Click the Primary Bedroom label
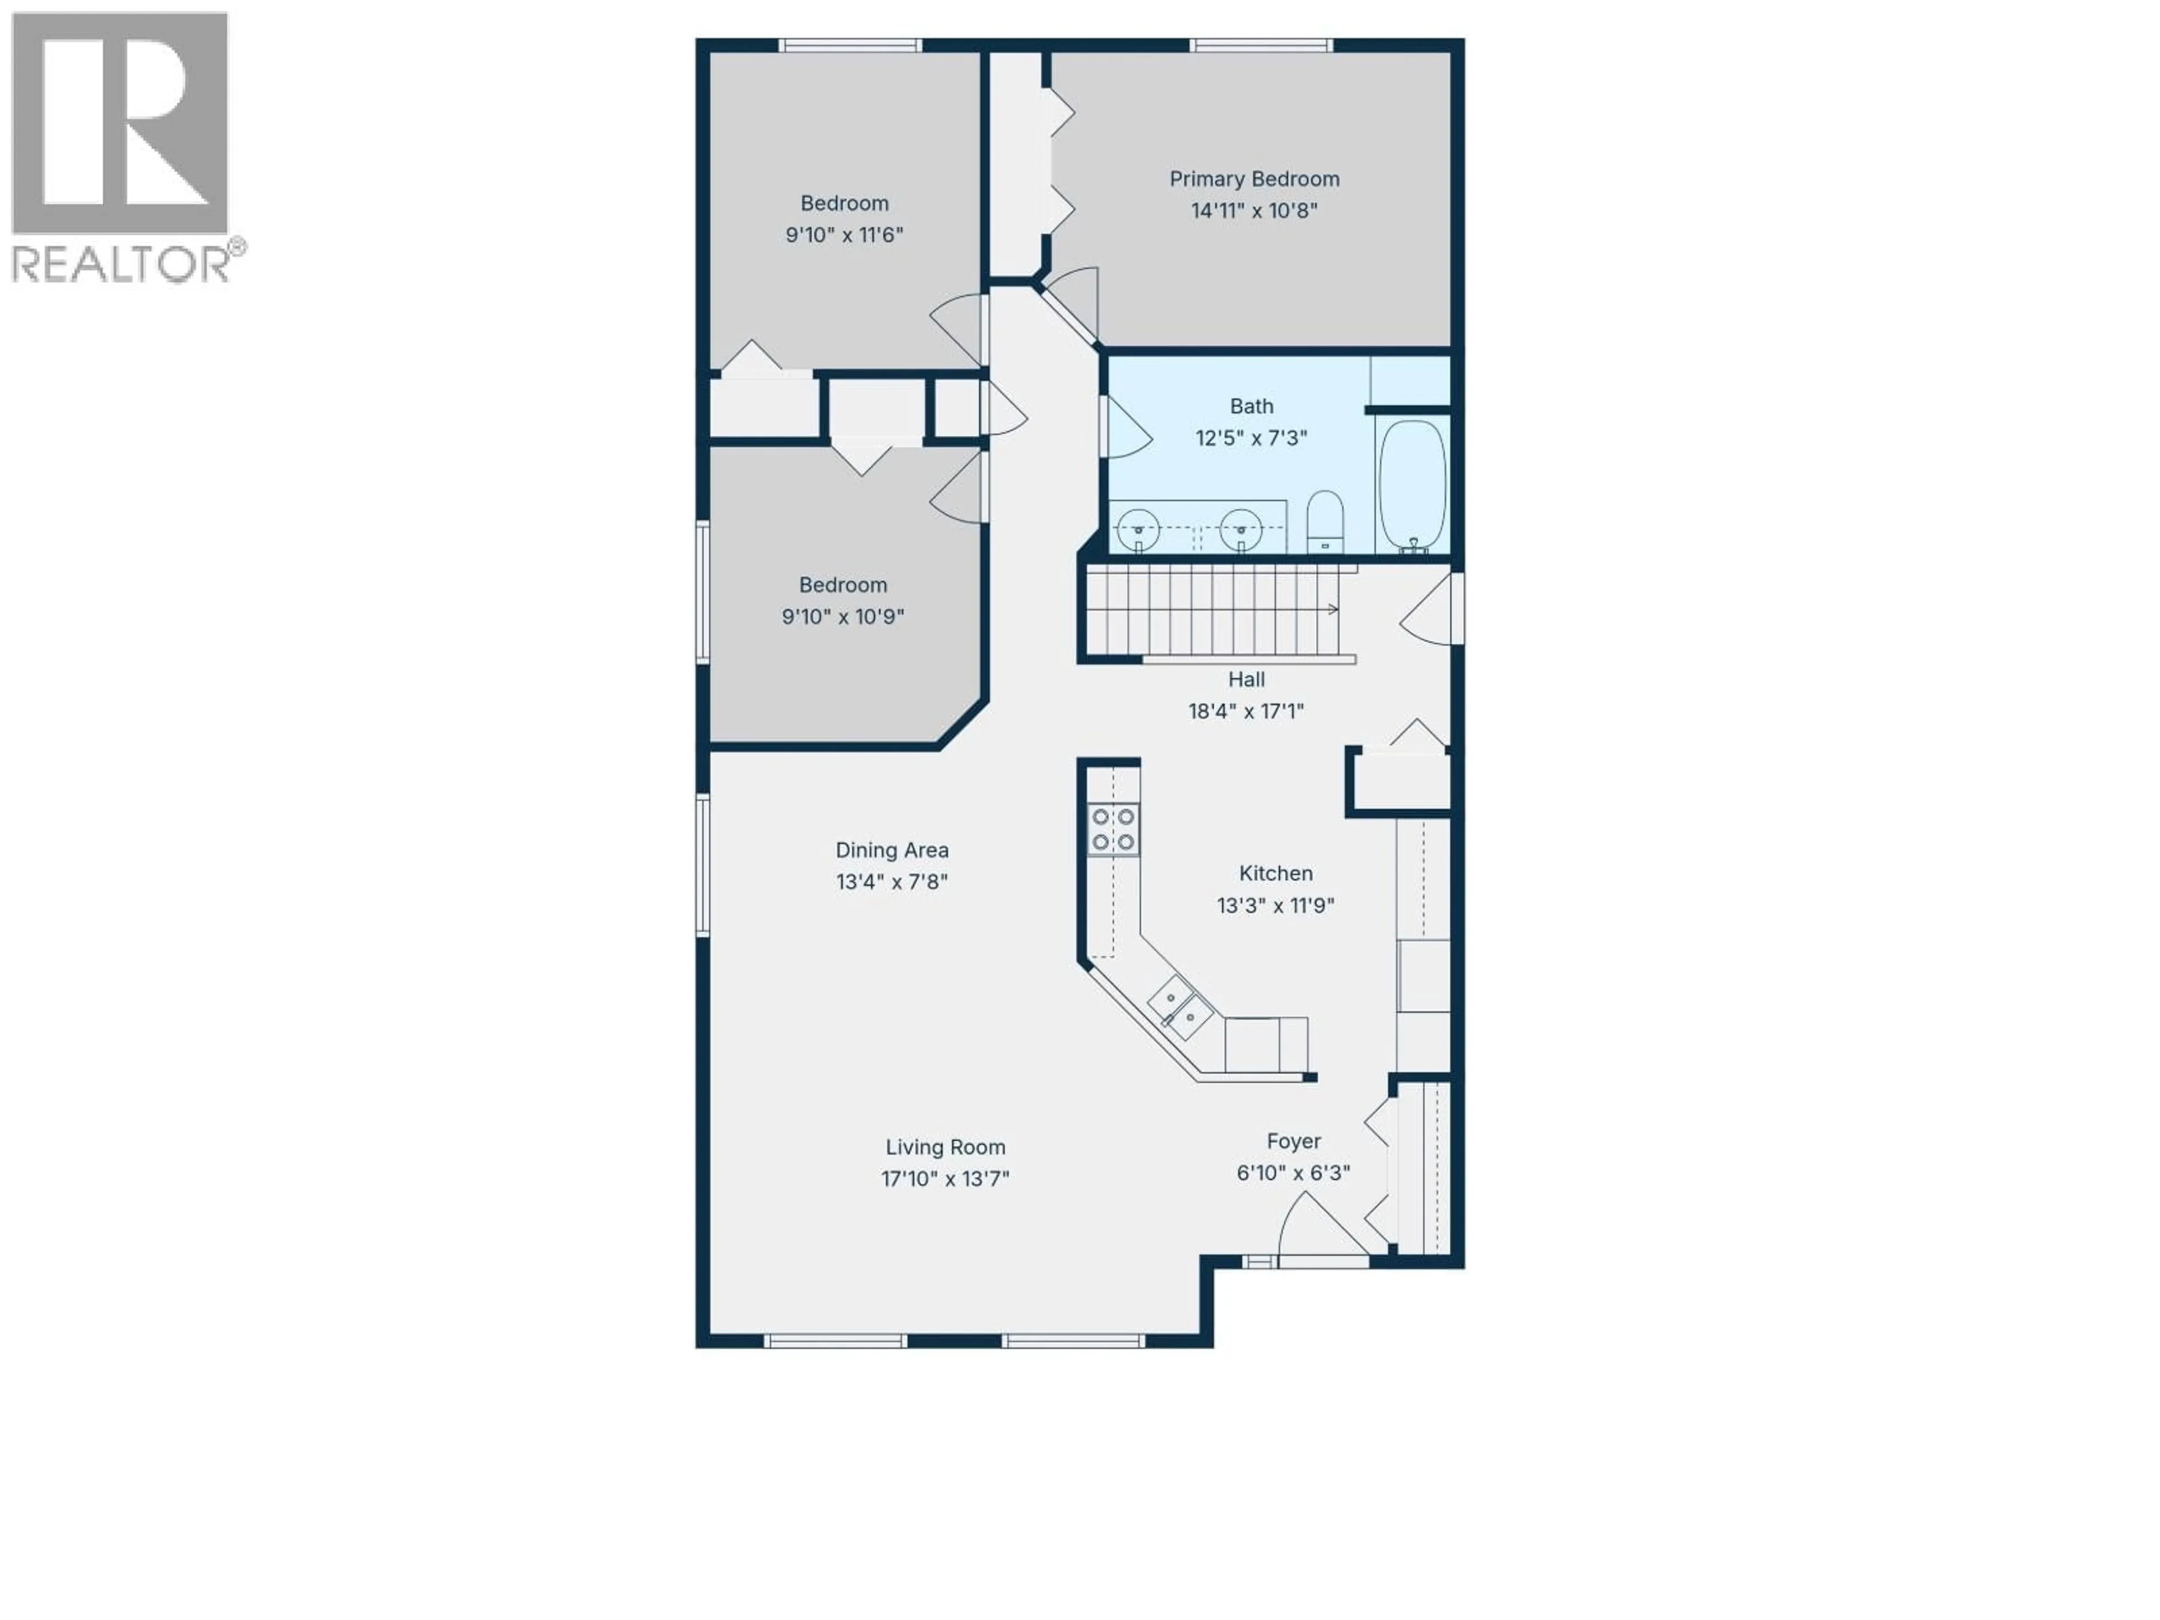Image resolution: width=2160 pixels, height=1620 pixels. tap(1254, 179)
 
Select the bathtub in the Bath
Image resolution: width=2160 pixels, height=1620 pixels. tap(1412, 487)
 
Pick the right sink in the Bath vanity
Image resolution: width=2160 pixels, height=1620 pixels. tap(1241, 531)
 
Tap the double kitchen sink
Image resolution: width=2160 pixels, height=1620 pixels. tap(1180, 1008)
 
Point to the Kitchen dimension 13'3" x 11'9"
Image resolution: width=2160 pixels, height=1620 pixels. tap(1275, 905)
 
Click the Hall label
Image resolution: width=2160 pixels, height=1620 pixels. tap(1246, 679)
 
